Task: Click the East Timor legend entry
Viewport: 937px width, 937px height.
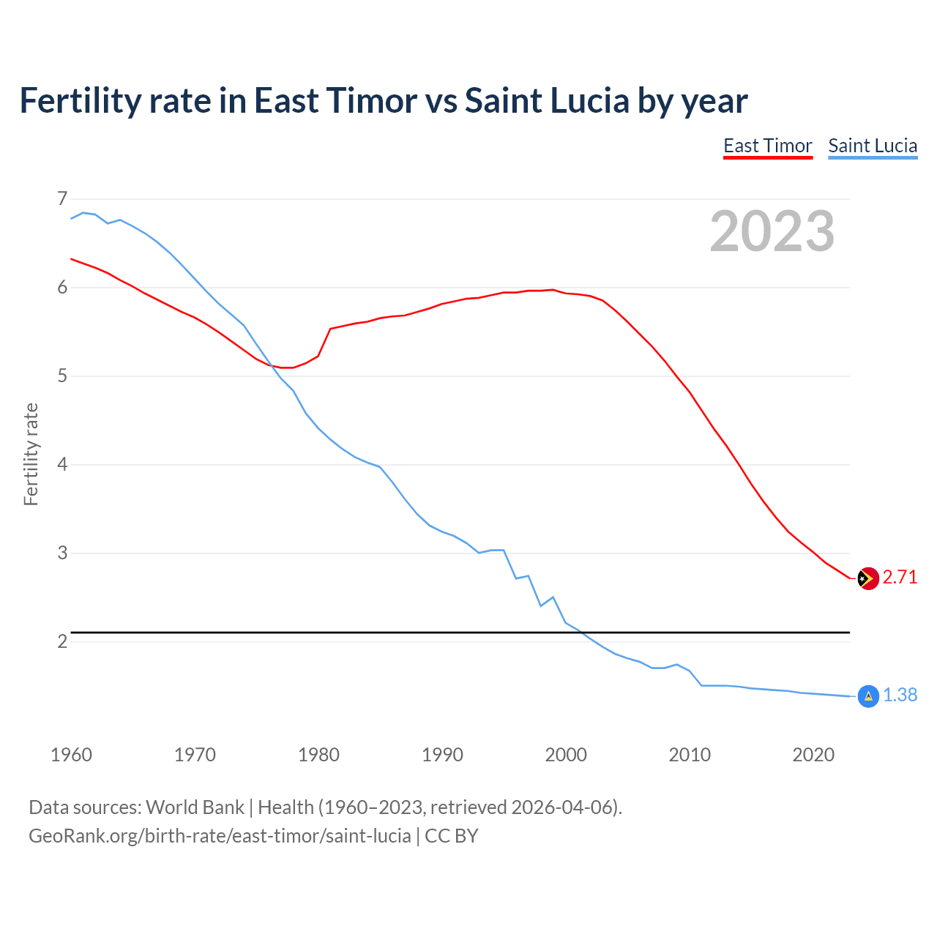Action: point(768,146)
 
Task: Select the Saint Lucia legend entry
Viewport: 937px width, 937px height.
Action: point(873,146)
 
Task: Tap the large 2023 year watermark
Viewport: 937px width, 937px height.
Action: point(772,231)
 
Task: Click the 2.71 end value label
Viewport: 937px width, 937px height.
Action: point(900,577)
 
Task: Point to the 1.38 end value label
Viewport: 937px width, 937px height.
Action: point(900,695)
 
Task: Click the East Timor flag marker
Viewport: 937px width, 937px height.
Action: point(867,578)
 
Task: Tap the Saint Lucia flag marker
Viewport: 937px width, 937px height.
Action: point(867,696)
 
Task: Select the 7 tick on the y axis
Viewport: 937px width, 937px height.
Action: point(62,198)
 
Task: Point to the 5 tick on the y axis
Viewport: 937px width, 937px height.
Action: point(62,376)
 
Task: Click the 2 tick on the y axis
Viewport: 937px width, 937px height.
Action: point(62,641)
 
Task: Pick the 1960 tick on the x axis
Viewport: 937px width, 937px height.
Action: point(71,755)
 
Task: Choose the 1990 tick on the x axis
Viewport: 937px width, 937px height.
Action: point(442,755)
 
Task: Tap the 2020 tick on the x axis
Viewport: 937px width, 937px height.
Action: point(813,755)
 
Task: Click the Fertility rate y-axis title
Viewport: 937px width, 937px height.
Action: point(31,454)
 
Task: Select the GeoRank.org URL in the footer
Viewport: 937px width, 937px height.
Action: point(220,835)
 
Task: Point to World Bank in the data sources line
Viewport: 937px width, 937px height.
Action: point(195,807)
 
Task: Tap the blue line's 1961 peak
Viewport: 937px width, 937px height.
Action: point(83,212)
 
